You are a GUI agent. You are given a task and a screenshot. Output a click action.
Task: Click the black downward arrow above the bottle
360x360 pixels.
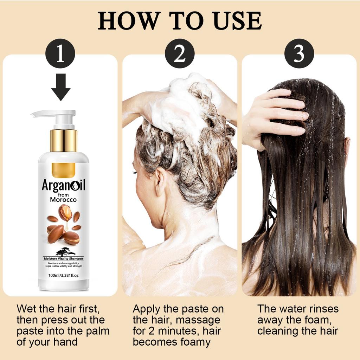(x=60, y=87)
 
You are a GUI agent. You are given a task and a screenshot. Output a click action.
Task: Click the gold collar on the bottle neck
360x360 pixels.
(x=64, y=140)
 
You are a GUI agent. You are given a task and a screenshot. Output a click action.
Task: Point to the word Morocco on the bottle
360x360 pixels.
(x=63, y=200)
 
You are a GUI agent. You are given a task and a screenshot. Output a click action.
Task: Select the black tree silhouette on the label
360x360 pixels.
(x=65, y=252)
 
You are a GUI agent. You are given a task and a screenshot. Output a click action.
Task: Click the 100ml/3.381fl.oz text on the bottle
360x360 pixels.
(x=63, y=275)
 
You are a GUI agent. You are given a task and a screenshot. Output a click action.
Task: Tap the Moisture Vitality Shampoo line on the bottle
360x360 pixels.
(x=63, y=259)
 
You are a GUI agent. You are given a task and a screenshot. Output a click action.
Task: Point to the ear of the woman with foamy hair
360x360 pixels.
(x=161, y=181)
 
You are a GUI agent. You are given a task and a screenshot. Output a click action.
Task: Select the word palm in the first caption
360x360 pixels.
(x=98, y=331)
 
